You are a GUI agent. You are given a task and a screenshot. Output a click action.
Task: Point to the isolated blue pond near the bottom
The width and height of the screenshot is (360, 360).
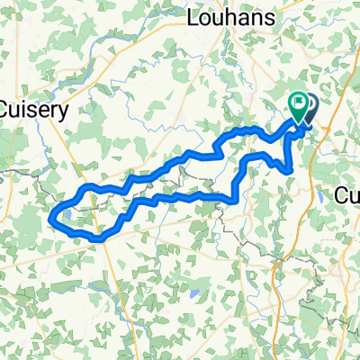[193, 293]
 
